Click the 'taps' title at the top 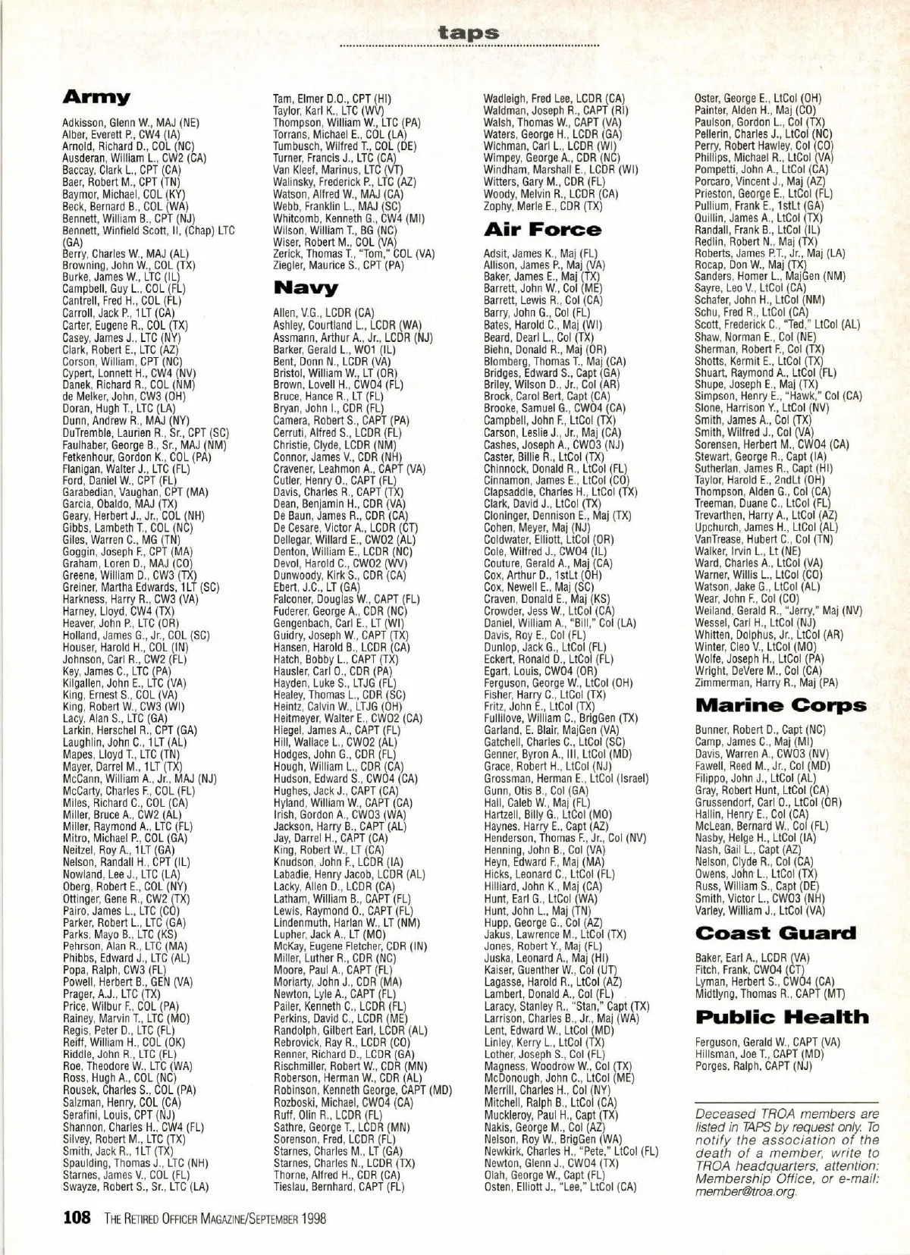pyautogui.click(x=469, y=33)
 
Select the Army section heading pyautogui.click(x=96, y=97)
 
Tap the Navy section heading pyautogui.click(x=306, y=288)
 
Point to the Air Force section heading pyautogui.click(x=542, y=229)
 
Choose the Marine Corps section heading pyautogui.click(x=780, y=705)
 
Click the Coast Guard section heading pyautogui.click(x=775, y=933)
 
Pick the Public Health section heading pyautogui.click(x=782, y=1018)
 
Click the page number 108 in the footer pyautogui.click(x=77, y=1219)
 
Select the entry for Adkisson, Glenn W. pyautogui.click(x=130, y=122)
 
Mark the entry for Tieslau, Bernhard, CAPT pyautogui.click(x=339, y=1187)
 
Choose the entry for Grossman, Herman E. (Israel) pyautogui.click(x=566, y=778)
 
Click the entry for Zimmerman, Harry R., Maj pyautogui.click(x=767, y=682)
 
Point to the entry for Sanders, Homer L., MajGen pyautogui.click(x=770, y=277)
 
